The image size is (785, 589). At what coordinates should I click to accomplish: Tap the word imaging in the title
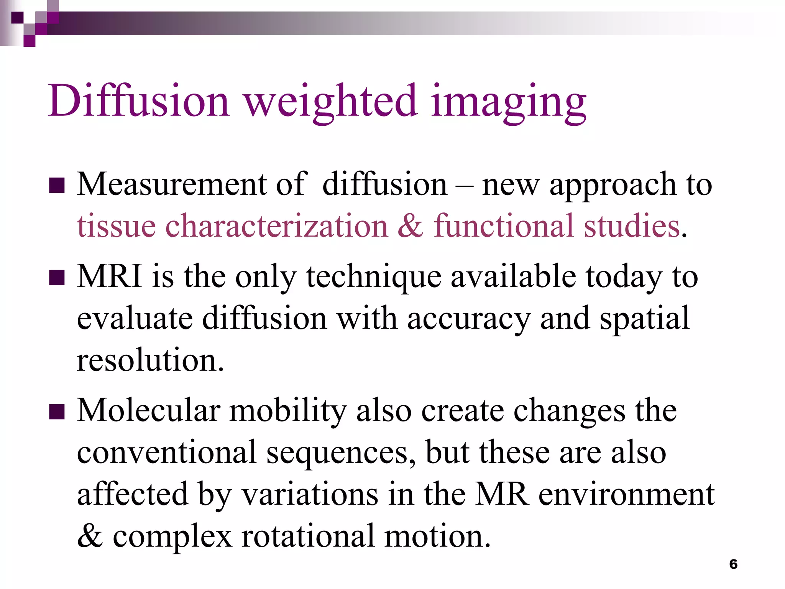[x=508, y=102]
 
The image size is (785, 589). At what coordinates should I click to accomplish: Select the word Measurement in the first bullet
[x=171, y=184]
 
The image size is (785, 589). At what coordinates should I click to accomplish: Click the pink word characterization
[x=276, y=226]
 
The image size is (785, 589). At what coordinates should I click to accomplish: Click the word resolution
[x=149, y=360]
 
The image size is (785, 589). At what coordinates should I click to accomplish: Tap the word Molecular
[x=148, y=410]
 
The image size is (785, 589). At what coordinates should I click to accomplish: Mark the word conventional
[x=167, y=452]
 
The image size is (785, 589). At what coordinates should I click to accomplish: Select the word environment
[x=626, y=494]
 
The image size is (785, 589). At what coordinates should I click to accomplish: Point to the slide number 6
[x=733, y=564]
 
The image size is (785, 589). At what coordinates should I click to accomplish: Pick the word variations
[x=310, y=494]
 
